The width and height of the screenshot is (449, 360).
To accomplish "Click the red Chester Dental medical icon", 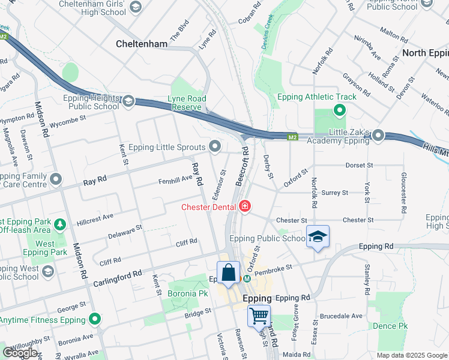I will [x=244, y=207].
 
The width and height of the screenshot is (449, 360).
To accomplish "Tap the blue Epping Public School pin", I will [x=318, y=237].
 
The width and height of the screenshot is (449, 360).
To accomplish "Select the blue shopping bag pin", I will [x=228, y=273].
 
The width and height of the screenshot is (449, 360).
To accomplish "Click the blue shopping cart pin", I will [x=259, y=314].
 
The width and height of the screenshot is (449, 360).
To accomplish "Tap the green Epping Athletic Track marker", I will [x=339, y=110].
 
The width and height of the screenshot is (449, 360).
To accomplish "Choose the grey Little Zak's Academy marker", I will [x=378, y=136].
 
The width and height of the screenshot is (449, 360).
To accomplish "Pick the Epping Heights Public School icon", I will [x=128, y=101].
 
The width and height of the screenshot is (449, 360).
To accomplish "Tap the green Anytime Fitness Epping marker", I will [x=94, y=320].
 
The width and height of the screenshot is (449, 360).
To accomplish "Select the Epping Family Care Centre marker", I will [x=56, y=179].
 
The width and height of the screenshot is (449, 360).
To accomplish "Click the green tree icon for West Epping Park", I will [x=59, y=224].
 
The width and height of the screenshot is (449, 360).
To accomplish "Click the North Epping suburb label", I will [x=425, y=53].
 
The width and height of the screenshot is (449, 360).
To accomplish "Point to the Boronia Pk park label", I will [x=187, y=293].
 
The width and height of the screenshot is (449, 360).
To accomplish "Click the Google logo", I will [x=19, y=353].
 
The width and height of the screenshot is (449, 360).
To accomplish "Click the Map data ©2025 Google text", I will [x=411, y=355].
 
